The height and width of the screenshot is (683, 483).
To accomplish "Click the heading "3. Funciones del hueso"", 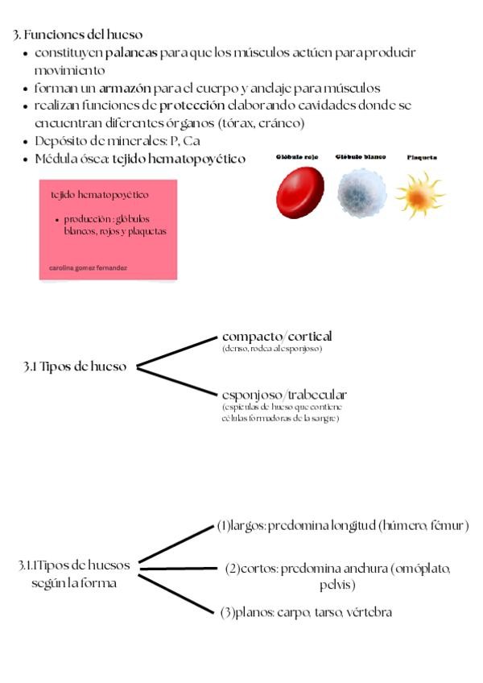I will pos(78,35).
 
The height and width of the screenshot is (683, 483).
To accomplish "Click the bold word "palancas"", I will pos(132,53).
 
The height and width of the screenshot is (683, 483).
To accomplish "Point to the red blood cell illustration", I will pos(299,193).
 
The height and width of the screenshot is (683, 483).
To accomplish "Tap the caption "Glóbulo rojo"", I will pos(299,158).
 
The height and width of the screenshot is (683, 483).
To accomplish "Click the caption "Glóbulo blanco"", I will pos(360,158).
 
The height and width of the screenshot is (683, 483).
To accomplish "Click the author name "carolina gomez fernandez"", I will pos(89,267).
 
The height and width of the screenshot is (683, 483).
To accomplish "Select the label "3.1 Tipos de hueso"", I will pos(75,366).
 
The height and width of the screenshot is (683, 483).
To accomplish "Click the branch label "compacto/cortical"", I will pos(277,336).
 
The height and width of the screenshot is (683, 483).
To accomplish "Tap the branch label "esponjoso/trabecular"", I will pos(284,395).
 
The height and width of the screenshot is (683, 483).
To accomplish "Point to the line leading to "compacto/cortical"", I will pos(179,352).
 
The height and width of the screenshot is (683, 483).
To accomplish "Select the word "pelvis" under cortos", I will pos(336,584).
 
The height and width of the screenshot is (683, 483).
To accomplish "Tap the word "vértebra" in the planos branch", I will pos(369,613).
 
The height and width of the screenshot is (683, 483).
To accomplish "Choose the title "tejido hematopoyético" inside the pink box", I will pos(100,195).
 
